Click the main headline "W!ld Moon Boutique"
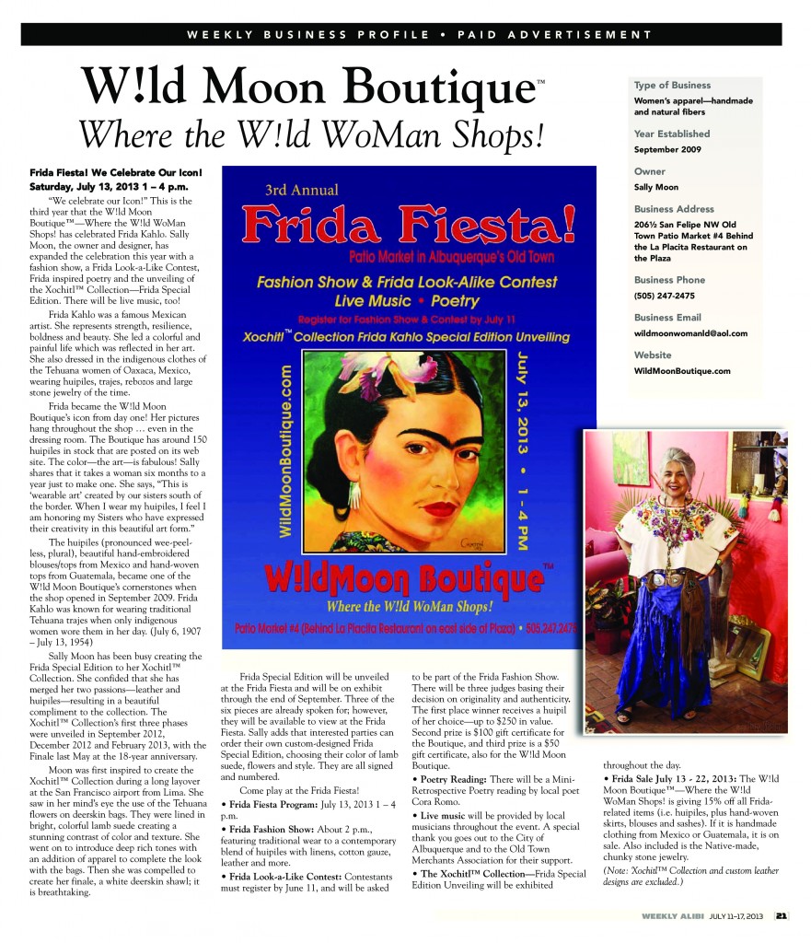click(x=307, y=87)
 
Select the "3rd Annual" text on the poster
click(x=301, y=190)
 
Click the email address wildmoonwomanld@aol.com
click(x=690, y=333)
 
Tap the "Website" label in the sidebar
click(x=653, y=355)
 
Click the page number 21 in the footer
click(x=781, y=915)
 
